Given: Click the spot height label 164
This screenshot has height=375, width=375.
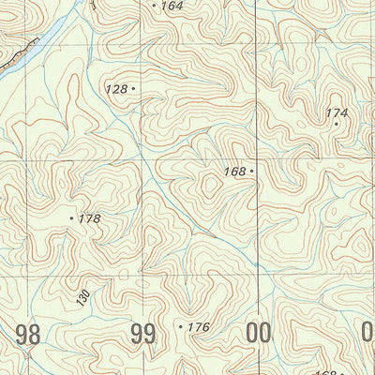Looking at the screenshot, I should pos(172,6).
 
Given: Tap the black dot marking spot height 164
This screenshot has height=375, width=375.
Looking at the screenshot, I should pos(155,5).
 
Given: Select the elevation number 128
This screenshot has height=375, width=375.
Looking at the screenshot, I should pos(116,88).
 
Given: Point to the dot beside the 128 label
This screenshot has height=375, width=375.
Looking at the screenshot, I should pos(134,88).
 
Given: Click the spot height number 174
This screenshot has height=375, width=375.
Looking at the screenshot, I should pos(337,112).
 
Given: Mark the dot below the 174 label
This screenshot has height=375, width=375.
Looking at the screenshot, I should pos(337,123).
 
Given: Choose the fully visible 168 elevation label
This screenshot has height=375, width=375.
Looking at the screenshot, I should pos(234,172).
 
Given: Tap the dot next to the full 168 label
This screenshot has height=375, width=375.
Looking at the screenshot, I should pos(252,172).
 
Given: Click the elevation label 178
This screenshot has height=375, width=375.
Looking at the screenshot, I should pos(89,218).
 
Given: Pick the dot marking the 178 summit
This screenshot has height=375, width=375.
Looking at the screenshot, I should pos(72,217).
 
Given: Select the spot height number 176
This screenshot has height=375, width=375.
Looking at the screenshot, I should pos(198,327).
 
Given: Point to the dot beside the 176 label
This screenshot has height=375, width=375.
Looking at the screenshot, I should pos(180,326).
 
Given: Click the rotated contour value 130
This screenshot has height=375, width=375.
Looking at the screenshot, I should pos(82,298).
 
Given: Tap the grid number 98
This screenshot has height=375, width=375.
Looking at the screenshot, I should pos(28,333).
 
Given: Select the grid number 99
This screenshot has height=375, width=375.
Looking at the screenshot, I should pos(143,333).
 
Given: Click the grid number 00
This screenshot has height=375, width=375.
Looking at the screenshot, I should pos(258,333).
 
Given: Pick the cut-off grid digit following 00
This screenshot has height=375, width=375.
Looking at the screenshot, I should pos(368,333).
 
